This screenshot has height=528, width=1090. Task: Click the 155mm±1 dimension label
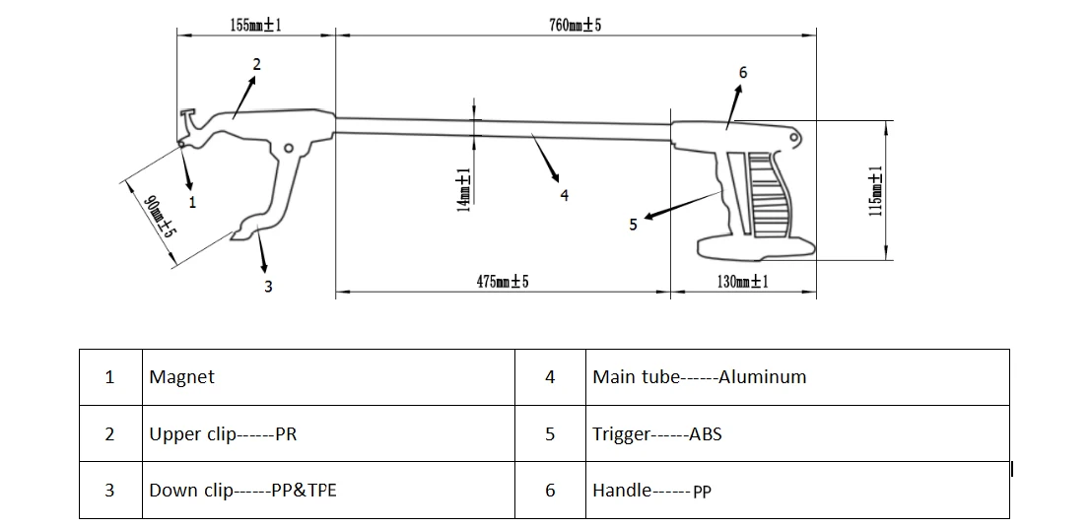coord(256,26)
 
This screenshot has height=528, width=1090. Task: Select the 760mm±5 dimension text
coord(576,26)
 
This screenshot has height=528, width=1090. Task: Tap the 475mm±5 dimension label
coord(503,282)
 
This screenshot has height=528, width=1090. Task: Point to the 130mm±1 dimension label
coord(742,282)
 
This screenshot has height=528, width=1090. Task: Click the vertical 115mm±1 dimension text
coord(876,191)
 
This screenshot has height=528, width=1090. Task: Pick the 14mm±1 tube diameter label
coord(464,190)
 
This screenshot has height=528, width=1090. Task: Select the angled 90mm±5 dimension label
coord(159,217)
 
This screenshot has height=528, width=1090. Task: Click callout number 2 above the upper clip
coord(256,65)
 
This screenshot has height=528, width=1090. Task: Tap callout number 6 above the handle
coord(743,72)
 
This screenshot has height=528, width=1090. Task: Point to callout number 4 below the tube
coord(565,196)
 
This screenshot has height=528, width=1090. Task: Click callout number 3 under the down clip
coord(268,287)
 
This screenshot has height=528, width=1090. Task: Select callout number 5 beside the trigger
coord(633,225)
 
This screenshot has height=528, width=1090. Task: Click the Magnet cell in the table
coord(181,376)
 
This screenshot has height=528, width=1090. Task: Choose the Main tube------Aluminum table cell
coord(700,376)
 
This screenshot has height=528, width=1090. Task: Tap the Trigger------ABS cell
coord(657,434)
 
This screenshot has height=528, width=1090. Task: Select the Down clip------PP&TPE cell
coord(242,491)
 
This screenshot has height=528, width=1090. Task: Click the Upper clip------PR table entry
coord(223,434)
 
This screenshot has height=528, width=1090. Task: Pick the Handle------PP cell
coord(652,492)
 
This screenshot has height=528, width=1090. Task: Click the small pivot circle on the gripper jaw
coord(289,148)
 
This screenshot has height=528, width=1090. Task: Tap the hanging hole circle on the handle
coord(794,138)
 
